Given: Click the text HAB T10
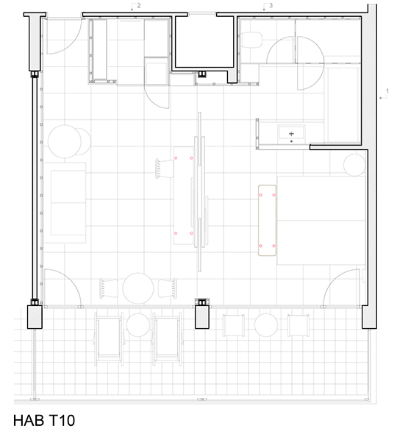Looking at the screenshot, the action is pyautogui.click(x=44, y=420).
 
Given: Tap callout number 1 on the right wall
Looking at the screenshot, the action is pyautogui.click(x=387, y=90).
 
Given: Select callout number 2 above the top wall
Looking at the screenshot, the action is pyautogui.click(x=139, y=5).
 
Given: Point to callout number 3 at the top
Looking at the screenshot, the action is pyautogui.click(x=271, y=5).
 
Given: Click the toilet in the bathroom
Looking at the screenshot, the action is pyautogui.click(x=251, y=40).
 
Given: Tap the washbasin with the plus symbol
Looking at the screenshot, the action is pyautogui.click(x=291, y=134).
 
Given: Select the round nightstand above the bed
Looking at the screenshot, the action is pyautogui.click(x=354, y=165).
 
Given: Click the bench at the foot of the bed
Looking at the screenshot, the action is pyautogui.click(x=268, y=221).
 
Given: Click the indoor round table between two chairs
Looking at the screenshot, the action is pyautogui.click(x=138, y=288).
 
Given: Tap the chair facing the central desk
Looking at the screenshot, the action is pyautogui.click(x=165, y=168).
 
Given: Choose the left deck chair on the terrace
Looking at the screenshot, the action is pyautogui.click(x=109, y=339).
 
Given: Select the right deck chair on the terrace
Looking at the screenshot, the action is pyautogui.click(x=168, y=339).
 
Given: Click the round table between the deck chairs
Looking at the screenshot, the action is pyautogui.click(x=138, y=325).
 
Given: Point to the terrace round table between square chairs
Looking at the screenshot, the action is pyautogui.click(x=266, y=325).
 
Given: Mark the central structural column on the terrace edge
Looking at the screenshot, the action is pyautogui.click(x=202, y=317).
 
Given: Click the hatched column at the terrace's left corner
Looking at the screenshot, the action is pyautogui.click(x=35, y=317).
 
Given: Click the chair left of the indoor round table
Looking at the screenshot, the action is pyautogui.click(x=109, y=288).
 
